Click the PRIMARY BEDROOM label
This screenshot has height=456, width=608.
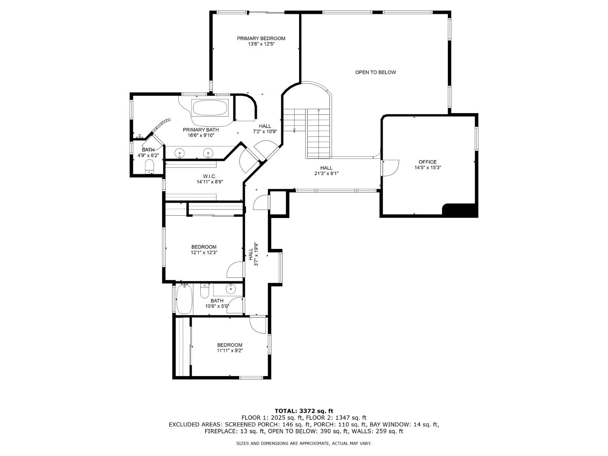click(261, 39)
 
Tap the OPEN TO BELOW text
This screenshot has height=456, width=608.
click(375, 73)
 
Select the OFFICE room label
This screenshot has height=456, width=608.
click(427, 162)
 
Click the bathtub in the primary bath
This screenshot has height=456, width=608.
click(210, 108)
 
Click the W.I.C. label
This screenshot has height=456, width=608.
click(210, 176)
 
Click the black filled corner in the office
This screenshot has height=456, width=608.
click(460, 210)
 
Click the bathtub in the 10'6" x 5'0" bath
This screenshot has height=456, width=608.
click(184, 299)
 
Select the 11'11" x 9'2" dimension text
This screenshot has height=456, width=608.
click(229, 351)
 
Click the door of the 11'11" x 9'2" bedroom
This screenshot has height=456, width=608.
click(257, 325)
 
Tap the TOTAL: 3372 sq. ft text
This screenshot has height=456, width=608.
click(304, 411)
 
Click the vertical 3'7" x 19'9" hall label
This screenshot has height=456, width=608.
click(253, 254)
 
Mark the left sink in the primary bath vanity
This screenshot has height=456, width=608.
click(180, 153)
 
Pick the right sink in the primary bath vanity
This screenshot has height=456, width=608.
click(208, 153)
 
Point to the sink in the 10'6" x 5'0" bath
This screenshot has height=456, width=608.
click(230, 289)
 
